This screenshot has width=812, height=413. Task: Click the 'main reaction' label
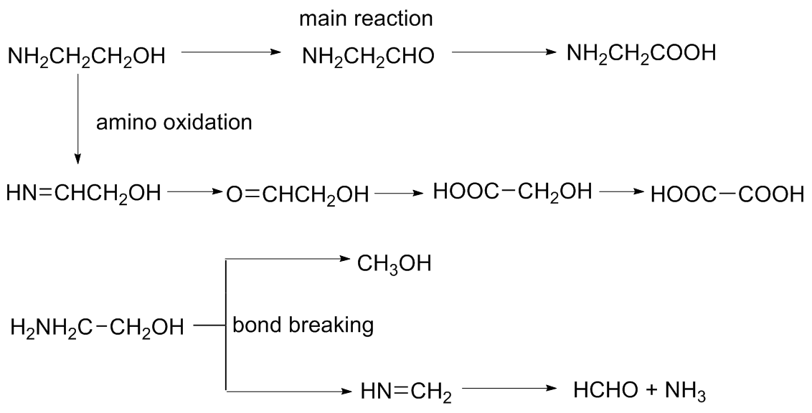tap(366, 19)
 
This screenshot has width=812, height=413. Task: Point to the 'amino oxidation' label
tap(174, 123)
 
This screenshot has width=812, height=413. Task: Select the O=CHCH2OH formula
tap(297, 194)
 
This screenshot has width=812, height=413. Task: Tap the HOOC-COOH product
tap(727, 194)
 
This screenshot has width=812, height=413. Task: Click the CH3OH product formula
tap(394, 265)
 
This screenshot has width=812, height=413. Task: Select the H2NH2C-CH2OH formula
tap(97, 329)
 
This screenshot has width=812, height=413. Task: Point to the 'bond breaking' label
tap(302, 326)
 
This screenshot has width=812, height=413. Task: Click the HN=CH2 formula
tap(406, 391)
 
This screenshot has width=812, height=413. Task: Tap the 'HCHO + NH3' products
tap(641, 391)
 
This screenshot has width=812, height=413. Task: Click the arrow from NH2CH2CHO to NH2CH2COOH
tap(504, 52)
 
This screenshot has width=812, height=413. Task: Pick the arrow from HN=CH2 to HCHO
tap(509, 390)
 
